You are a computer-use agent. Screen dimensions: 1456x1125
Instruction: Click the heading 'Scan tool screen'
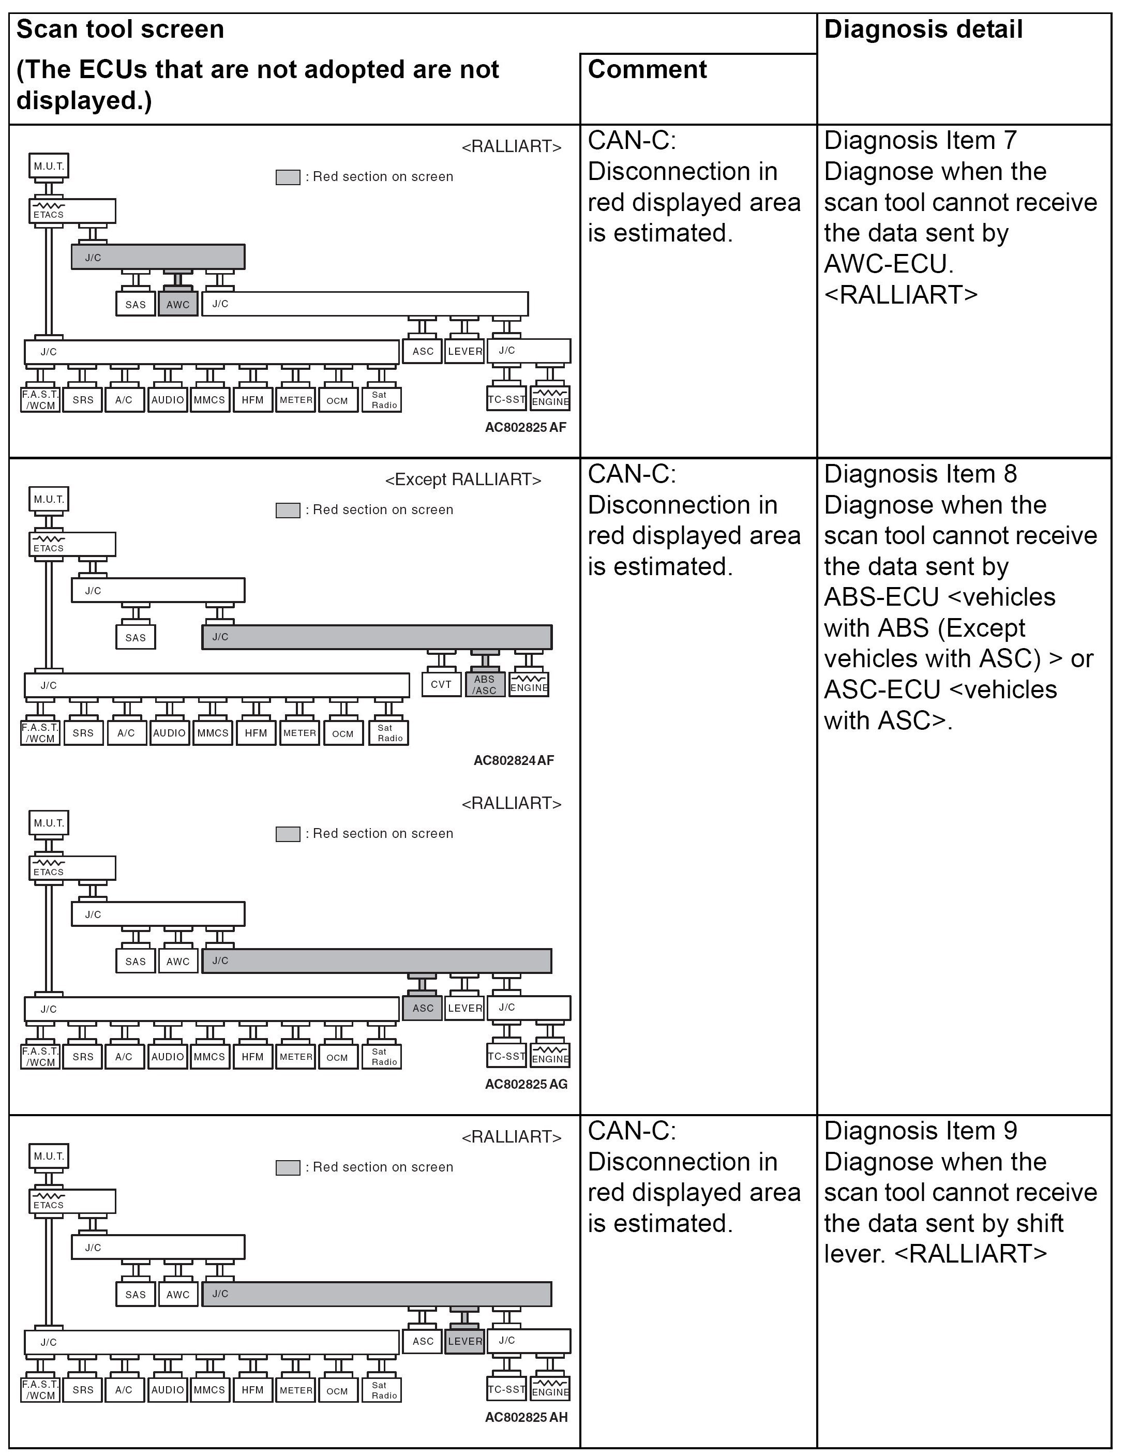(120, 30)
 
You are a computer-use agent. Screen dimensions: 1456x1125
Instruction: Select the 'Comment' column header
(647, 69)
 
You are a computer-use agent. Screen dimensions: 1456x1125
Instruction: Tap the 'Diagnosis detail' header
(923, 30)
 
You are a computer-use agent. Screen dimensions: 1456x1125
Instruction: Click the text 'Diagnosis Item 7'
(920, 141)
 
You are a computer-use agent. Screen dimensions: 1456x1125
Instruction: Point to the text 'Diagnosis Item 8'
(920, 474)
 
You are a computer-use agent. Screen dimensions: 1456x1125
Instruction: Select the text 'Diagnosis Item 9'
(920, 1131)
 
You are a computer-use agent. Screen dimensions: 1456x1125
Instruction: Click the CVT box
(441, 684)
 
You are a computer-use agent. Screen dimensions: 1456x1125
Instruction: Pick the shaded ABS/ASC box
(485, 685)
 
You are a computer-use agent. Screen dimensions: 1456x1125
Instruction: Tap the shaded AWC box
(178, 304)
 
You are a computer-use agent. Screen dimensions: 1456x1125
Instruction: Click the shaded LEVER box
(465, 1341)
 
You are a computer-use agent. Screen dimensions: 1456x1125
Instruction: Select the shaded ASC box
(423, 1008)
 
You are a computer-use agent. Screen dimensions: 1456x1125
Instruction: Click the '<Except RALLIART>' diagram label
(463, 479)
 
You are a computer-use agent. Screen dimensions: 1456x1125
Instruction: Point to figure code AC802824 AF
(514, 760)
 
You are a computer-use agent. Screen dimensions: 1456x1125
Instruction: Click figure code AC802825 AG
(526, 1084)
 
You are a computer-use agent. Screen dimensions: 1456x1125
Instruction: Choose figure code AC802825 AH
(526, 1417)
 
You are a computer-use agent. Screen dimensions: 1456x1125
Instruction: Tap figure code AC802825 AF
(526, 427)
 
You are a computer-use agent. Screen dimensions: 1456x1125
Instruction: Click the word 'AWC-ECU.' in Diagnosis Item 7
(888, 264)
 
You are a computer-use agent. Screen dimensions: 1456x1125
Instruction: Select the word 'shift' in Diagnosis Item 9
(1040, 1223)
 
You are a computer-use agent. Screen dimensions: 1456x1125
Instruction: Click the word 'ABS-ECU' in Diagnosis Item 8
(881, 597)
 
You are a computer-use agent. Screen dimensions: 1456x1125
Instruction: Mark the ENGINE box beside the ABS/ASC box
(529, 685)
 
